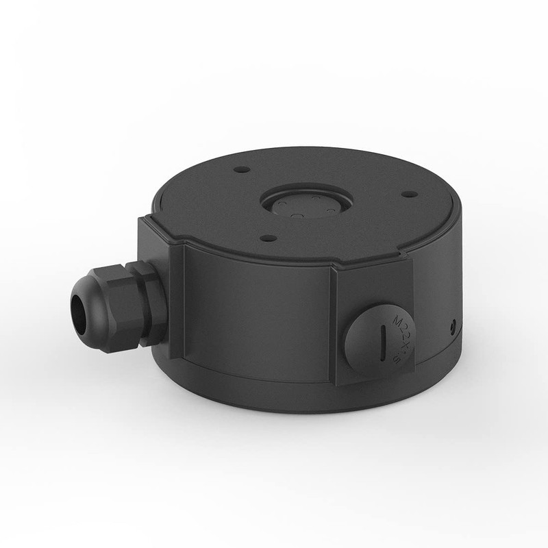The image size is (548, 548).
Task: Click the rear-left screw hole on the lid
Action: [240, 169]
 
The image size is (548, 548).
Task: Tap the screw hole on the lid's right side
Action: [408, 194]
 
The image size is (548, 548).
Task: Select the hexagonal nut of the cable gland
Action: [125, 302]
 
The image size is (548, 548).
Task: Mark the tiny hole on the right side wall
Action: [453, 323]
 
